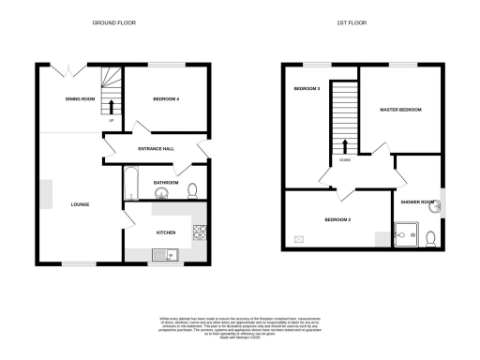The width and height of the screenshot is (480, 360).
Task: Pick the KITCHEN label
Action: click(166, 231)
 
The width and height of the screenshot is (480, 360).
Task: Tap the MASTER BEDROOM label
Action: click(400, 110)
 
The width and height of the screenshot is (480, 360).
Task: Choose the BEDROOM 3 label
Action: click(307, 88)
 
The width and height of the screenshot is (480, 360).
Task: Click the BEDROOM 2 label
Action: click(337, 219)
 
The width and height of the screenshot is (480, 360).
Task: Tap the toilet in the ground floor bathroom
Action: click(191, 191)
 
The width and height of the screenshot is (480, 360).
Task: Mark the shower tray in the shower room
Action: click(407, 234)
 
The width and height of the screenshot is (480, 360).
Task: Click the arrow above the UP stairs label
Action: click(112, 105)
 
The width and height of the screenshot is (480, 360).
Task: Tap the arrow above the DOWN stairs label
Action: click(347, 146)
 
